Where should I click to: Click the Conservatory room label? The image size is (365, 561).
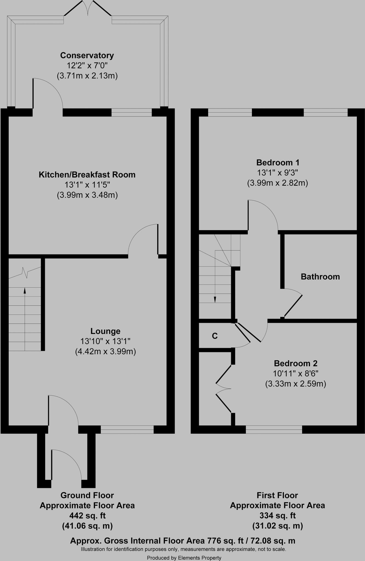pyautogui.click(x=87, y=55)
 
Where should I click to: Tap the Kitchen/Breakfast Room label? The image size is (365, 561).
pyautogui.click(x=87, y=174)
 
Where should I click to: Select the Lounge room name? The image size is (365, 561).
pyautogui.click(x=105, y=331)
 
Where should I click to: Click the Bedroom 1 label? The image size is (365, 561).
pyautogui.click(x=278, y=162)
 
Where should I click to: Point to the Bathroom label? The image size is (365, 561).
pyautogui.click(x=320, y=277)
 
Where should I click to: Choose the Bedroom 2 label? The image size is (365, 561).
pyautogui.click(x=295, y=363)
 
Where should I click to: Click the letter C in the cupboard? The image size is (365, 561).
pyautogui.click(x=215, y=336)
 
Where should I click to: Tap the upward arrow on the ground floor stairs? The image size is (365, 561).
pyautogui.click(x=25, y=291)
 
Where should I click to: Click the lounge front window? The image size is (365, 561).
pyautogui.click(x=127, y=429)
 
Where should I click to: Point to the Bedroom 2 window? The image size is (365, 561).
pyautogui.click(x=274, y=429)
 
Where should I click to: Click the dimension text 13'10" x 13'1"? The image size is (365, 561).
pyautogui.click(x=105, y=341)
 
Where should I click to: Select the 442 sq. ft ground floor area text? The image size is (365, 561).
pyautogui.click(x=87, y=516)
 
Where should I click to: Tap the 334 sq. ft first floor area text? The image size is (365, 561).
pyautogui.click(x=277, y=516)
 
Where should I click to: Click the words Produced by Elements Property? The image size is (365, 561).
pyautogui.click(x=184, y=558)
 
